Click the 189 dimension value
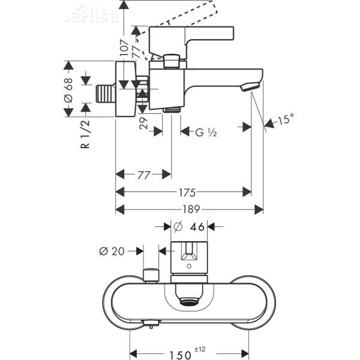click(x=189, y=209)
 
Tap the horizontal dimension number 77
click(x=143, y=175)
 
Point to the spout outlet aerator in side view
click(x=249, y=88)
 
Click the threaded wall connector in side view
click(x=105, y=94)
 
